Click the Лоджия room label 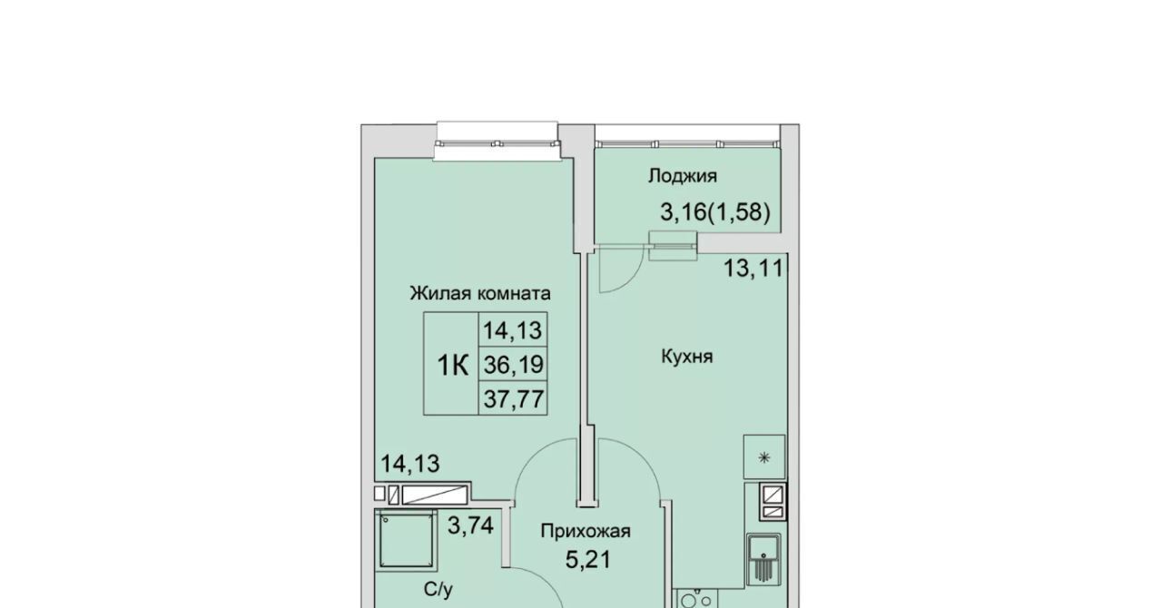tap(682, 176)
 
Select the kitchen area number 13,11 tap(753, 269)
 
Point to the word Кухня tap(687, 357)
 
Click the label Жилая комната tap(480, 293)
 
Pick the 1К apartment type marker tap(453, 365)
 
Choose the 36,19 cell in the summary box tap(514, 365)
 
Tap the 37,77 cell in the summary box tap(514, 399)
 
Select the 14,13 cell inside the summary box tap(513, 330)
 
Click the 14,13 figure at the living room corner tap(409, 464)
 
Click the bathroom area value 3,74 tap(470, 525)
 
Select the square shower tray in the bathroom tap(406, 540)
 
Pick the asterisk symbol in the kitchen tap(764, 457)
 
